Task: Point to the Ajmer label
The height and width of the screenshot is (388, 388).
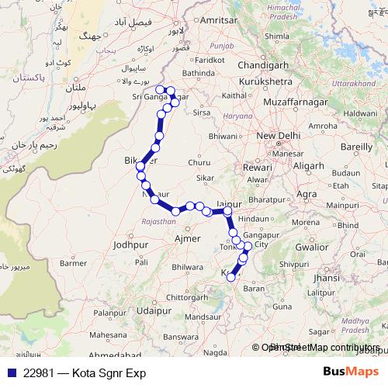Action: click(188, 239)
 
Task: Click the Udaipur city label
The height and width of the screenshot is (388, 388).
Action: click(152, 310)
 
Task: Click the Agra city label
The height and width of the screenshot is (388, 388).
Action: click(307, 193)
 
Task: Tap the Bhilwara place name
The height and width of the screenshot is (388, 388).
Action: click(189, 266)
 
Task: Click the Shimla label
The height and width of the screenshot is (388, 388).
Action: click(277, 36)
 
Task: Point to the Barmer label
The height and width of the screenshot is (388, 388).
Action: click(74, 263)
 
